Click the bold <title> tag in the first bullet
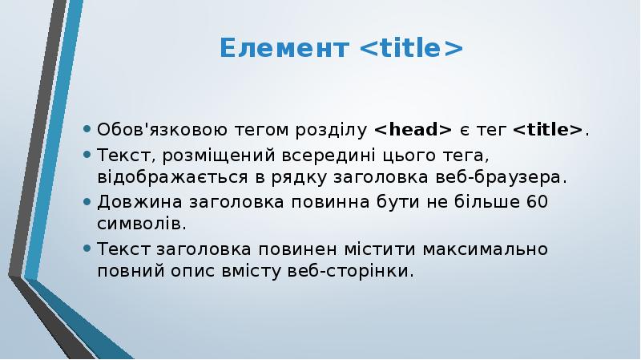(x=548, y=130)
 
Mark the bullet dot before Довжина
(x=86, y=201)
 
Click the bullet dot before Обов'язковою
(x=86, y=130)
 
